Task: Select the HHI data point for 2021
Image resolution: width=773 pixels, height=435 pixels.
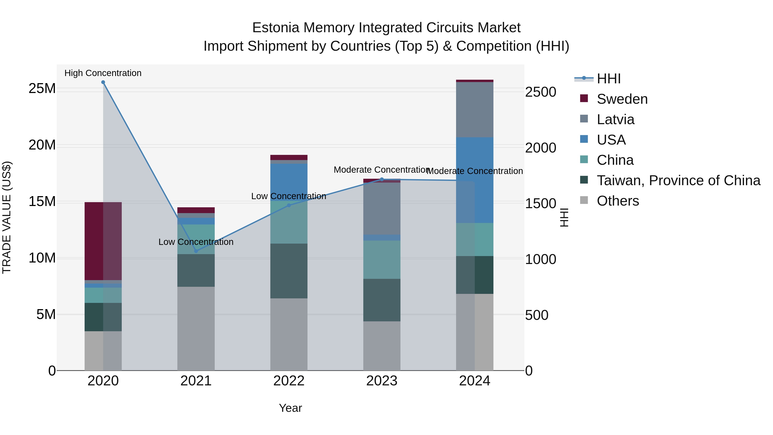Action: pos(196,251)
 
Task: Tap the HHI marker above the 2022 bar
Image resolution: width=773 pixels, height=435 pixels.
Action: pos(289,205)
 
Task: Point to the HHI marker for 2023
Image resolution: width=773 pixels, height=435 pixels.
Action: pos(382,180)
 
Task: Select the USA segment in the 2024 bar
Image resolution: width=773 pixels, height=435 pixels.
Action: pos(475,180)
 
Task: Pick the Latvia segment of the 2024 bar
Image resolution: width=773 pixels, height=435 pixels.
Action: pos(475,110)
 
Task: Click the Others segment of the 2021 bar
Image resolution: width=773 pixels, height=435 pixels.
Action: pos(196,328)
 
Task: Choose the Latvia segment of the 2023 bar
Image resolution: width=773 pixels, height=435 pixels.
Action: pos(382,209)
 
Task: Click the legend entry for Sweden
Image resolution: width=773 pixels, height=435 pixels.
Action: pos(622,99)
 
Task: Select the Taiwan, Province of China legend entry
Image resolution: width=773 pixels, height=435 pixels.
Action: pos(678,180)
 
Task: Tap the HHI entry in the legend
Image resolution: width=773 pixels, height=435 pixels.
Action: pos(609,79)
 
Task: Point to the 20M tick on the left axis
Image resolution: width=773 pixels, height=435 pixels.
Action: pos(42,145)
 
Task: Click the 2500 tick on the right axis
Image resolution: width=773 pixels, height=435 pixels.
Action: pos(540,92)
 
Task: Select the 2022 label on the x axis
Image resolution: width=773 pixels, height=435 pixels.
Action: pos(289,381)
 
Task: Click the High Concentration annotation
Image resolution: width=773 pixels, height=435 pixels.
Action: pos(103,73)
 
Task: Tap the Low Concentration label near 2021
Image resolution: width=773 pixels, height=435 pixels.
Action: pos(196,242)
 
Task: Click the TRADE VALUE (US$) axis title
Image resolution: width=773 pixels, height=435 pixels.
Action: pos(7,217)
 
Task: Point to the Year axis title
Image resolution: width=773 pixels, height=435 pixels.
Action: pos(290,408)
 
